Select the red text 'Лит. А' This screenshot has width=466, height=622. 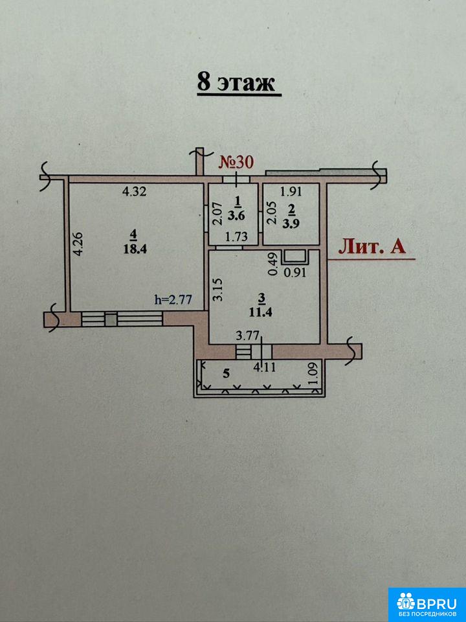pos(372,247)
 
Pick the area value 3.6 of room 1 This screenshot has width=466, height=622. pos(238,216)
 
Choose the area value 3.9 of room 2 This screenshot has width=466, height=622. pos(291,224)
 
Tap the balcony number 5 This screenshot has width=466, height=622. pos(226,373)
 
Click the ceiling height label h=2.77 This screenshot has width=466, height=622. pos(173,299)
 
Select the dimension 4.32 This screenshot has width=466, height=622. pos(135,192)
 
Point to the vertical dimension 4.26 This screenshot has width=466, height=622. pos(78,244)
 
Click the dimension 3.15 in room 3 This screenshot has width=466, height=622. pos(220,290)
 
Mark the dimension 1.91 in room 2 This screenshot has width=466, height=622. pos(291,192)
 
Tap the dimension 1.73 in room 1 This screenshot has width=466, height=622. pos(237,237)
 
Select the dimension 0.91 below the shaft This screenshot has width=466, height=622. pos(295,273)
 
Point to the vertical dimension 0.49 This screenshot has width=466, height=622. pos(272,264)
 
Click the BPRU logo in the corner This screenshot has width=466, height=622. pos(427,605)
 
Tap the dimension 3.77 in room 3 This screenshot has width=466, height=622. pos(247,337)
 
